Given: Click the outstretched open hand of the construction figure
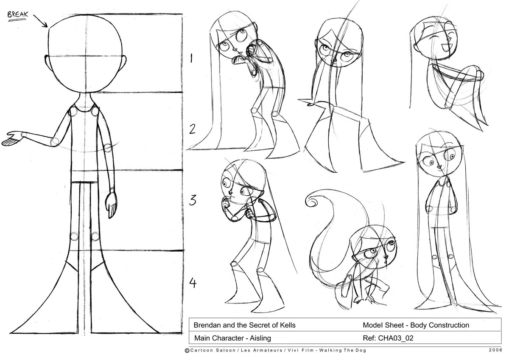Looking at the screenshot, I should coord(12,139).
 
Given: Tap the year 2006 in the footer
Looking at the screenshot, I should coord(495,351).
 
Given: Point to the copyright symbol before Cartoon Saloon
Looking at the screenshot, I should coord(187,351).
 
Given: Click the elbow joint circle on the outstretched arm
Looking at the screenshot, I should coord(54,142).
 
